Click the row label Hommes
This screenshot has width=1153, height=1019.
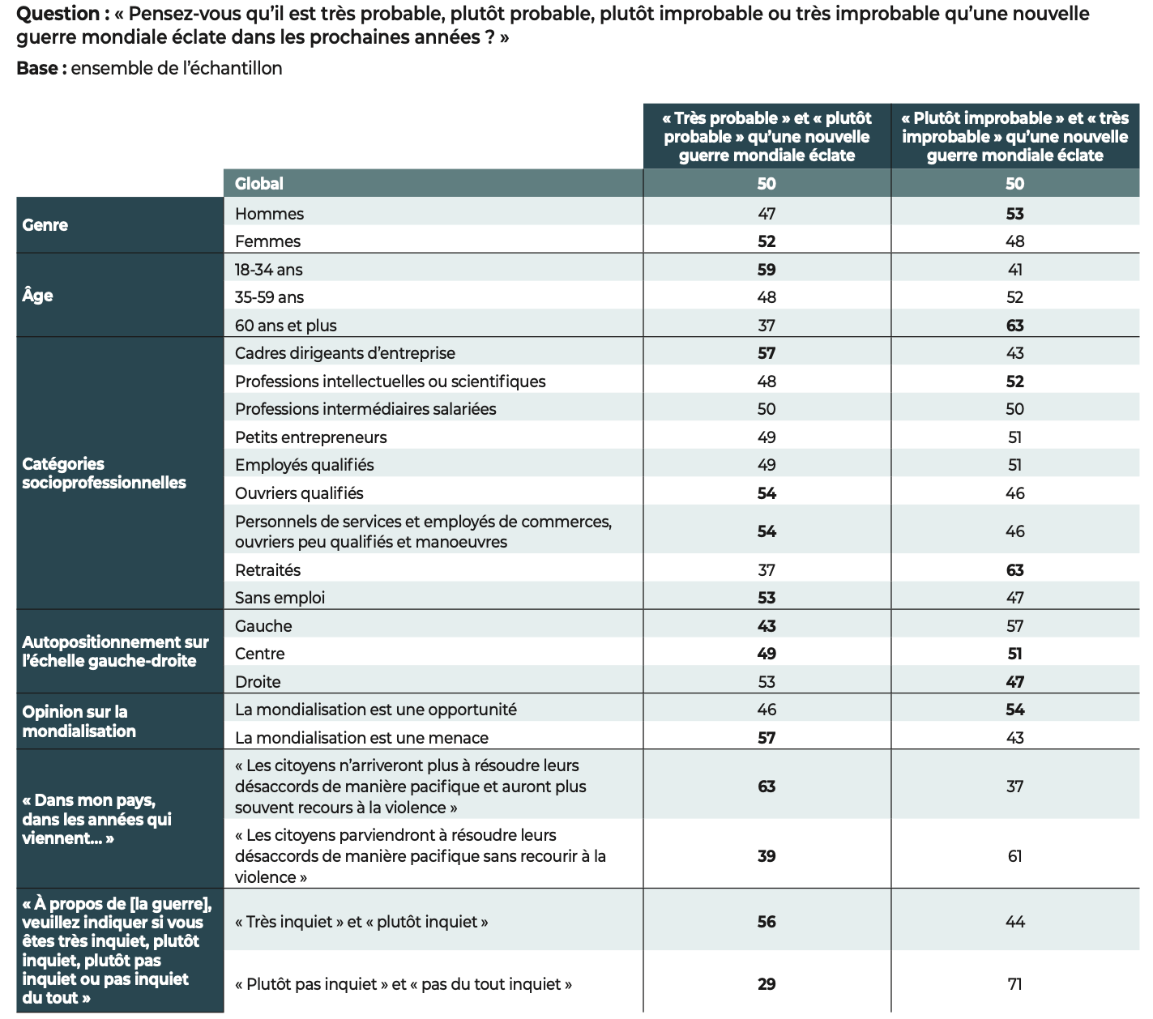[x=269, y=214]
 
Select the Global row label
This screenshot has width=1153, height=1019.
[x=259, y=184]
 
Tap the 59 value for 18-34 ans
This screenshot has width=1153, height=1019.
[x=767, y=270]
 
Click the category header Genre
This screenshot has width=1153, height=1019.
[x=45, y=225]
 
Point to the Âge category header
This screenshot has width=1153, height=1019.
[x=38, y=296]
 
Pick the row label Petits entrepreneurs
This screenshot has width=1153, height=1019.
[x=311, y=437]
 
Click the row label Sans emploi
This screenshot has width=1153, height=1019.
[x=280, y=598]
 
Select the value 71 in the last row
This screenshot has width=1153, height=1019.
[x=1014, y=984]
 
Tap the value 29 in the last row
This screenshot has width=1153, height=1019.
[x=767, y=984]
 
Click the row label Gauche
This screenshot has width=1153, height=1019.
[x=263, y=626]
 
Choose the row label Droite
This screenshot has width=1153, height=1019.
[x=258, y=682]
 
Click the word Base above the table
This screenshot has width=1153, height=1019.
[x=36, y=69]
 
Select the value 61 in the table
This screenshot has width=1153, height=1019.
[x=1014, y=856]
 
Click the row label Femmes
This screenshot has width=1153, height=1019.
[x=267, y=241]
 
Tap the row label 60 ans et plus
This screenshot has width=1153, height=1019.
[x=285, y=326]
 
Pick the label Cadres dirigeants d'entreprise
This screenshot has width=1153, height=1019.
[x=345, y=353]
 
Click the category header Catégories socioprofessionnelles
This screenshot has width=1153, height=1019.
[x=104, y=473]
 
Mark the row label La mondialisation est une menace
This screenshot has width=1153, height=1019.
[x=361, y=738]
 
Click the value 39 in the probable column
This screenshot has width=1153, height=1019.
[x=767, y=856]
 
